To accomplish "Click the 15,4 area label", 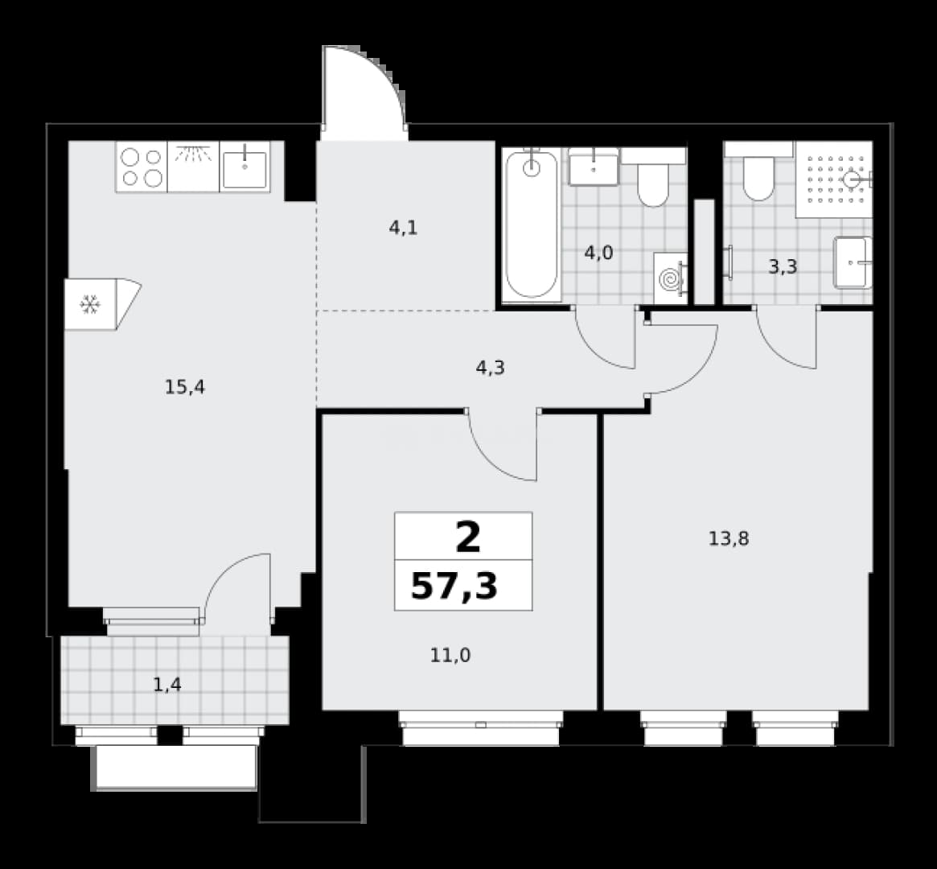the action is pos(185,387).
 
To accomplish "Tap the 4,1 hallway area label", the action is pos(404,228).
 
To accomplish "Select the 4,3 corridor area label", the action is pos(490,368).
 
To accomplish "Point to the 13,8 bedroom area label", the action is pos(729,539).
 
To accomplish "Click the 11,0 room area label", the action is pos(450,656).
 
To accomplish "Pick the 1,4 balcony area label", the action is pos(167,684).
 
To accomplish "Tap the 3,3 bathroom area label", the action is pos(783,266).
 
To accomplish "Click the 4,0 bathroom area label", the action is pos(598,253).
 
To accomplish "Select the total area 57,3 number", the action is pos(454,586).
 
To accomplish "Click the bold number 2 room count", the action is pos(468,537).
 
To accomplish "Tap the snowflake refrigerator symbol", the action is pos(90,305).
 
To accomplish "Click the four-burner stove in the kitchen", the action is pos(142,167).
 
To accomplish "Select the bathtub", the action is pos(532,224).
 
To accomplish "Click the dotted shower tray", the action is pos(833,179).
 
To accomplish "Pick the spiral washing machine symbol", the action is pos(671,279).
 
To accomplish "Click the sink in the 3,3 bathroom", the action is pos(853,262).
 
